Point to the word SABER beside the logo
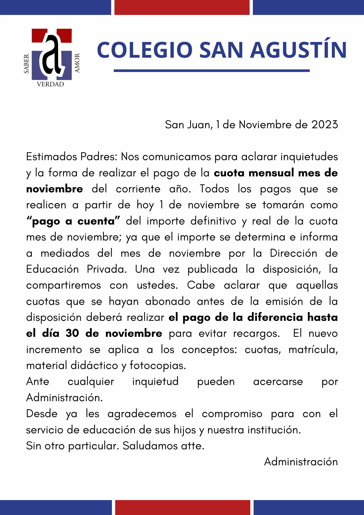pyautogui.click(x=27, y=64)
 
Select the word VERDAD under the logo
pyautogui.click(x=50, y=84)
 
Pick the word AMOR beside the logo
pyautogui.click(x=77, y=63)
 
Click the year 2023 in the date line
pyautogui.click(x=325, y=125)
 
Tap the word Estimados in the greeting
pyautogui.click(x=51, y=157)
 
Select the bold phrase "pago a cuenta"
pyautogui.click(x=73, y=221)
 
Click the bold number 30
pyautogui.click(x=72, y=333)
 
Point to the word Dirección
pyautogui.click(x=293, y=253)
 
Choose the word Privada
pyautogui.click(x=107, y=269)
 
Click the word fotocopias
pyautogui.click(x=158, y=366)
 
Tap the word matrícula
pyautogui.click(x=313, y=350)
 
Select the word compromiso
pyautogui.click(x=232, y=414)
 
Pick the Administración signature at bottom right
pyautogui.click(x=301, y=462)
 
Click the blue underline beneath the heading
pyautogui.click(x=212, y=71)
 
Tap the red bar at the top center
pyautogui.click(x=182, y=7)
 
